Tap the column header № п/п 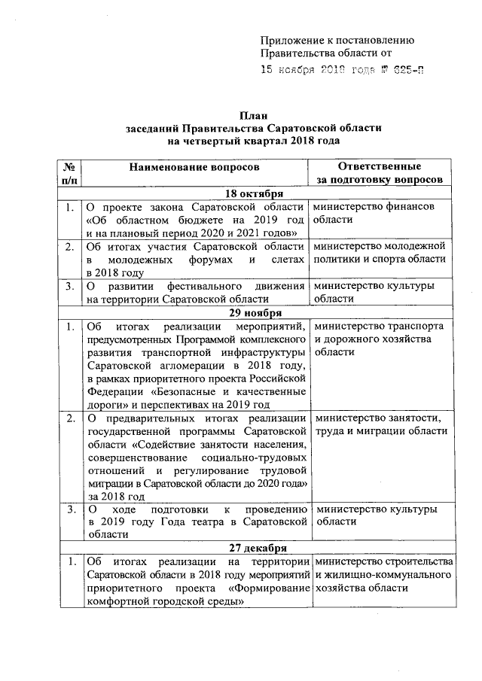(x=69, y=174)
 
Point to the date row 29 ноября (x=256, y=312)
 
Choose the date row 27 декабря (x=256, y=548)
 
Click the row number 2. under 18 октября (x=69, y=246)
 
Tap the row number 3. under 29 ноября (x=69, y=509)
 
